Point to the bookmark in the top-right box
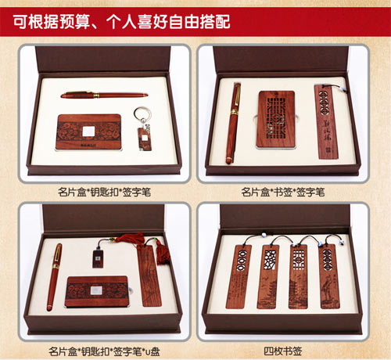323,121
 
